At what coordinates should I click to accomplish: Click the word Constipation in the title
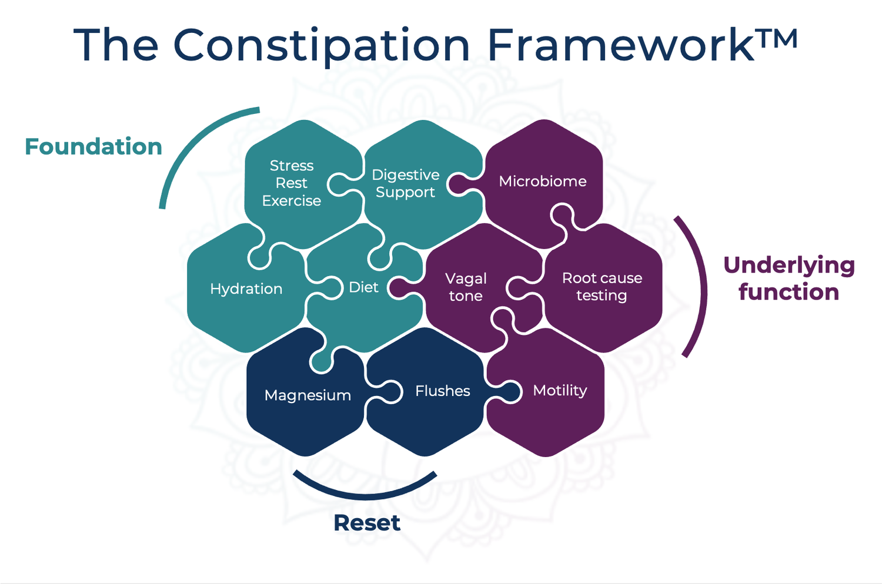321,45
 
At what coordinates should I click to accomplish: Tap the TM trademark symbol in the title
777,40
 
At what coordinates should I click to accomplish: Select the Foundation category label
93,146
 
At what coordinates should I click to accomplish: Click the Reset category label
367,522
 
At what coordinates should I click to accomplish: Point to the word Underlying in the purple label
789,266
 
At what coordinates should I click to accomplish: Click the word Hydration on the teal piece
246,288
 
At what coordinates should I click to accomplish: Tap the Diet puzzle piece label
363,287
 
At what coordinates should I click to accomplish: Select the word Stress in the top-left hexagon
292,166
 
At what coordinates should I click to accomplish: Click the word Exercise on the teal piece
292,201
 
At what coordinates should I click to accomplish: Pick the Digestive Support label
406,183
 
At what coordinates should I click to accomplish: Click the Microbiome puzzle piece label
543,181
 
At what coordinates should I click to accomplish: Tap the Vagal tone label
466,287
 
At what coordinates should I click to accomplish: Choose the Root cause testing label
602,286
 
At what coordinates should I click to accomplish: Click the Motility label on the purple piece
560,391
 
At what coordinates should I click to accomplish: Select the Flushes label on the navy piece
443,391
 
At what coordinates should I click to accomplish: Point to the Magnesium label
308,395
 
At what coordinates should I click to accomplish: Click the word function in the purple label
789,292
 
